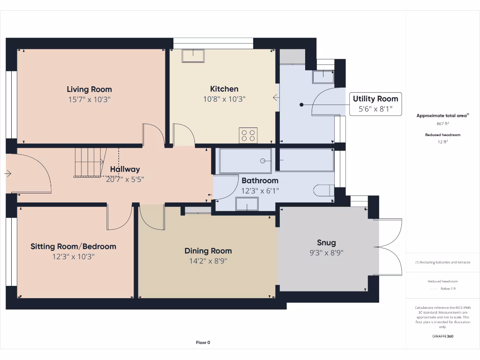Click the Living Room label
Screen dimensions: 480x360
[90, 90]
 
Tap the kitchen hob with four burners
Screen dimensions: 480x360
[248, 135]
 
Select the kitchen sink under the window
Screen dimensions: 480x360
[193, 56]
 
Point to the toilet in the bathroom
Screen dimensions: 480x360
[323, 190]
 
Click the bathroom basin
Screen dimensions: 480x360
[247, 204]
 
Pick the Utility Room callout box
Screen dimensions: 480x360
[375, 104]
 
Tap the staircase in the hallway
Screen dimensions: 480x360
[90, 163]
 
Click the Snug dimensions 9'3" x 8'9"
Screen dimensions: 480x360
[326, 253]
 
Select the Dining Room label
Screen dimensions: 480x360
[208, 251]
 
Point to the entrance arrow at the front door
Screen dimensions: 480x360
[8, 174]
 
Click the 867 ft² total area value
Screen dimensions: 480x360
[442, 124]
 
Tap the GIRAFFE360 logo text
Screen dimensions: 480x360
[442, 336]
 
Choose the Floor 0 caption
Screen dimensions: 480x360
[203, 343]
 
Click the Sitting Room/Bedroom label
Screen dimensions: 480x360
[74, 247]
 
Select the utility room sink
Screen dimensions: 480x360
[323, 76]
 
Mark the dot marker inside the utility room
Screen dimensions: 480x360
[301, 105]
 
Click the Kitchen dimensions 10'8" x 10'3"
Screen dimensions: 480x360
[225, 99]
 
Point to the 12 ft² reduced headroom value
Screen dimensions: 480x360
[442, 142]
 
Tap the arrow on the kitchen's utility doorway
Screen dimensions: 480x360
[276, 97]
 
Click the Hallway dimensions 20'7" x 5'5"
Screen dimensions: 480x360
[125, 180]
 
